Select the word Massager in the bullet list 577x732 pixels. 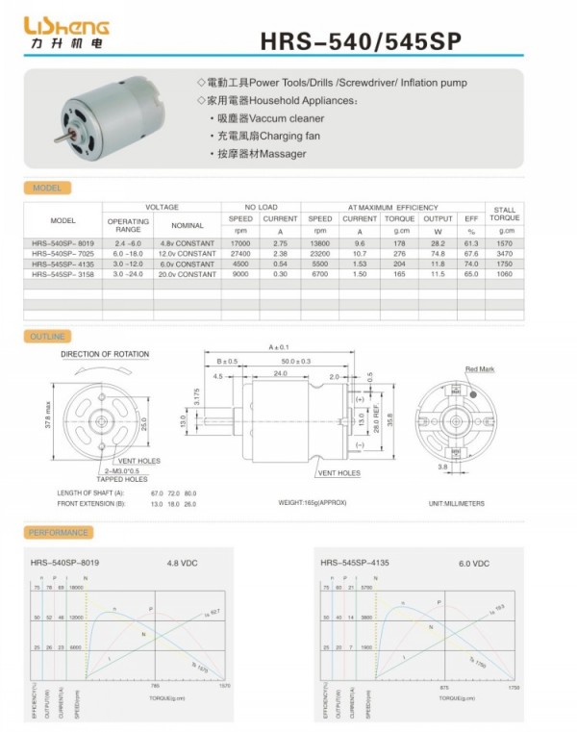288,154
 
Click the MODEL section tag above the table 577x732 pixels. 46,189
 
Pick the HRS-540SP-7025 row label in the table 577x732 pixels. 63,254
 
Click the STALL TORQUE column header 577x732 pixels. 506,213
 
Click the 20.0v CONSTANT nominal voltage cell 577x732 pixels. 188,274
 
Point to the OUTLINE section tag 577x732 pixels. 47,337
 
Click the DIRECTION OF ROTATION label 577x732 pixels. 106,355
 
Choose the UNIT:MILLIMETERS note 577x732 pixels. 457,503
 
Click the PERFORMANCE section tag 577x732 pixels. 59,532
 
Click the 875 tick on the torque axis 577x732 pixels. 444,688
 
